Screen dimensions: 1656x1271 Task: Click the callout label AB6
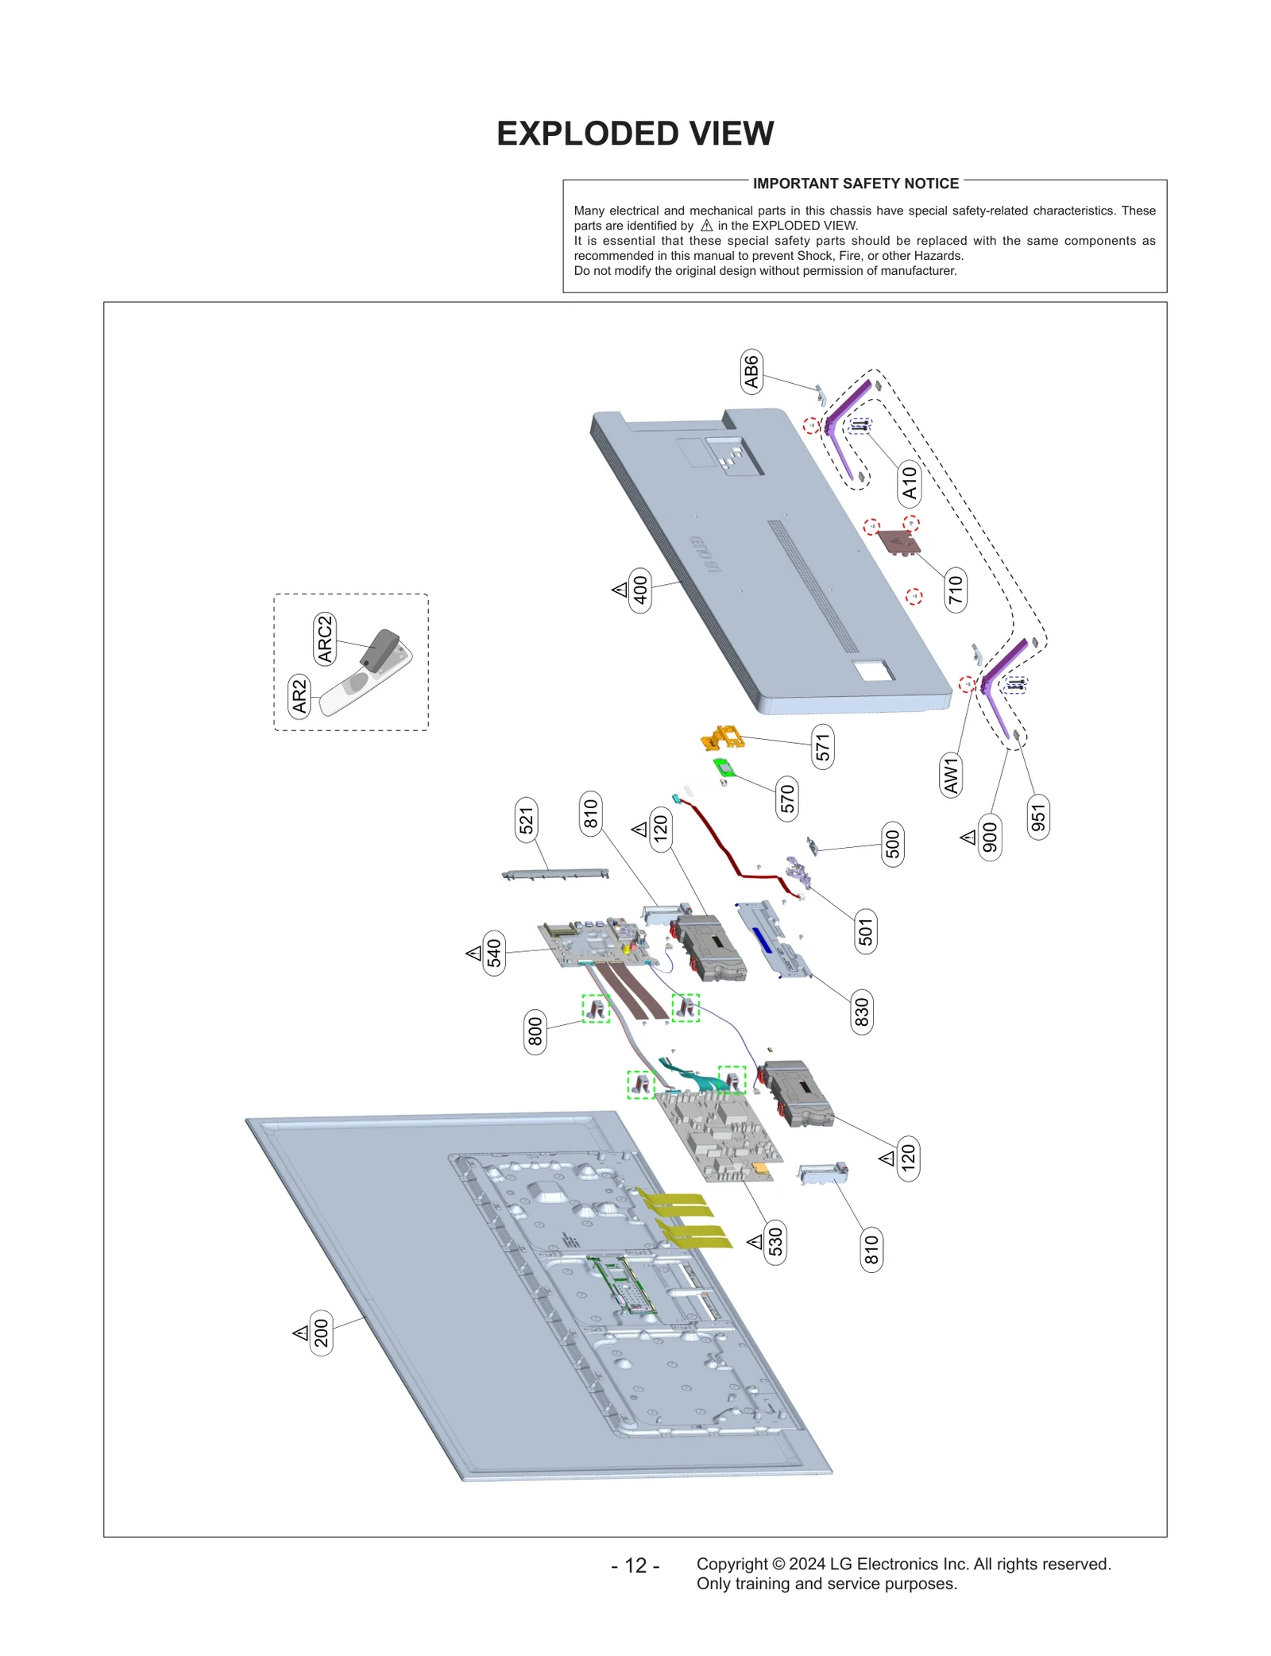[751, 371]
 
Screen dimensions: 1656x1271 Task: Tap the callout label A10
[909, 482]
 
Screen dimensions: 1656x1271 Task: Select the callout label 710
[955, 590]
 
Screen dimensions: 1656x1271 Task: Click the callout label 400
[639, 590]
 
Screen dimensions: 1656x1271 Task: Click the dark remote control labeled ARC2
[380, 649]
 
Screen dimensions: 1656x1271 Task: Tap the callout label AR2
[299, 696]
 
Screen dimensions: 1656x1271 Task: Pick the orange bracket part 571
[722, 737]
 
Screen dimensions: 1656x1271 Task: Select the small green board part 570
[723, 768]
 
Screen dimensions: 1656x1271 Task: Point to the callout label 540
[493, 953]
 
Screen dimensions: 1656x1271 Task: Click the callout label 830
[861, 1012]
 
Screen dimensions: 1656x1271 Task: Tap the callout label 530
[775, 1242]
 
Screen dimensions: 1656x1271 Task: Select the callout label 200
[320, 1333]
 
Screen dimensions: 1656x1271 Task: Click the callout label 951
[1037, 817]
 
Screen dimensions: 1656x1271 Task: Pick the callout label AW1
[951, 775]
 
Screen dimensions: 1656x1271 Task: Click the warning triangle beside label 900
[968, 837]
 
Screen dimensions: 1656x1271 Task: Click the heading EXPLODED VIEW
[635, 133]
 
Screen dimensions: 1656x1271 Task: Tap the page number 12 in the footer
[635, 1565]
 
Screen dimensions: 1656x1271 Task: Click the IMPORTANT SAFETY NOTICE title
[855, 184]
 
